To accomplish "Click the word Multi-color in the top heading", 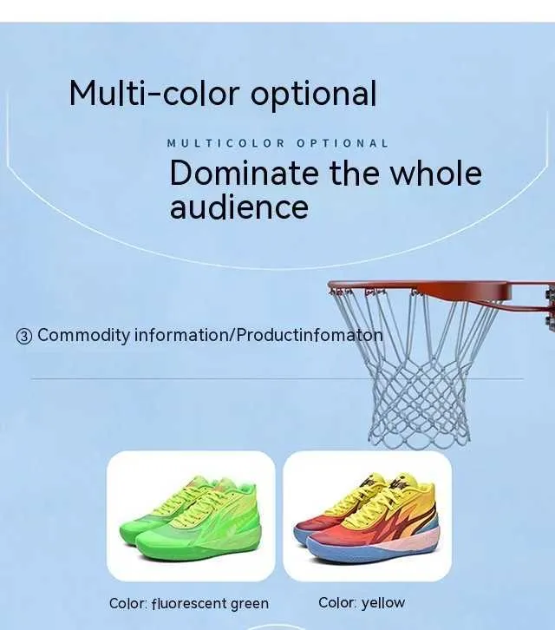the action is coord(153,93).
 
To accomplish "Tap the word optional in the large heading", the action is coord(314,95).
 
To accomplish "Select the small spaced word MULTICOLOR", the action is coord(225,143).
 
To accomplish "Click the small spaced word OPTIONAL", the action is coord(343,143).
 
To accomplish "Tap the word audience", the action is coord(239,207).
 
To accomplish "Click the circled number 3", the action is coord(24,336).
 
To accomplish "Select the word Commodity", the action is coord(83,336).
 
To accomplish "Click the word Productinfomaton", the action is coord(310,335).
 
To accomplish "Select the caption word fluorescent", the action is coord(189,603).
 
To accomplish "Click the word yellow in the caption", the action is coord(383,603).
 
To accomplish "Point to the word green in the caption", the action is coord(250,604).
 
